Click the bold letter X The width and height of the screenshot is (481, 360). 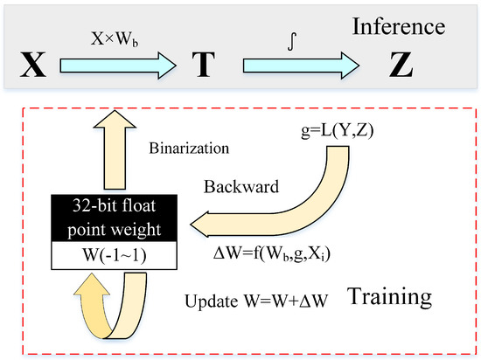point(32,65)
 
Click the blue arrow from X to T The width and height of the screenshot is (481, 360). point(119,64)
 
